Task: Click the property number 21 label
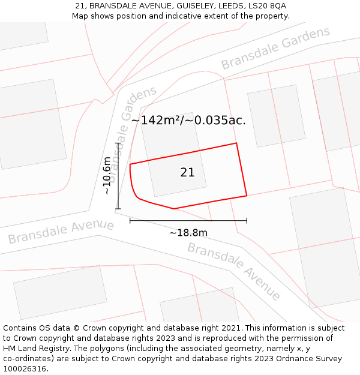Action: pos(187,173)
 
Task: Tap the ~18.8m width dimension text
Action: pos(188,233)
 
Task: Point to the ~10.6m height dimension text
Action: pos(107,176)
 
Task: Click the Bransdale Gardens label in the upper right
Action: pos(275,48)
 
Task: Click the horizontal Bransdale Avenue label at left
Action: pos(61,232)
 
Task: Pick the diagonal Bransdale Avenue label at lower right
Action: pos(234,271)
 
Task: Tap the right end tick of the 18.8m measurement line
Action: pos(247,221)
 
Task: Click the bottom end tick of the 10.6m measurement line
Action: pos(118,209)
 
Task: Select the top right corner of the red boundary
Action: pos(236,143)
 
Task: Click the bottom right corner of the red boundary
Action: pos(247,196)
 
